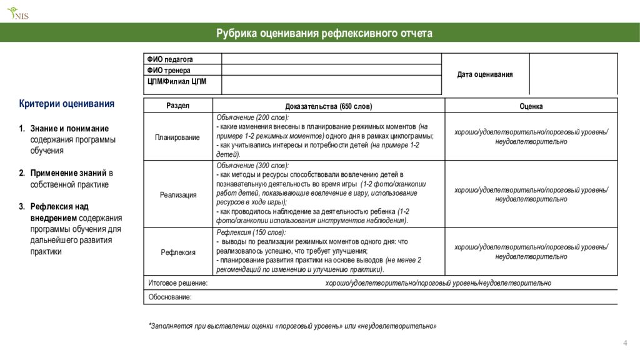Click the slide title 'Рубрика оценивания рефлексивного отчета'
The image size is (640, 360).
click(324, 33)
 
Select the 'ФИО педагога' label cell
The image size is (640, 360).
click(170, 59)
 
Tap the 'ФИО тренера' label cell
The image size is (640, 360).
click(169, 71)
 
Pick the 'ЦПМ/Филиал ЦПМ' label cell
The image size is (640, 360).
click(177, 81)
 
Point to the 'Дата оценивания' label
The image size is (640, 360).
click(485, 74)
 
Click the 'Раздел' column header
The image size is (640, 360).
click(177, 106)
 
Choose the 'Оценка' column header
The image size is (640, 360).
click(531, 106)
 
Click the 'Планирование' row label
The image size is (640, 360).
click(177, 137)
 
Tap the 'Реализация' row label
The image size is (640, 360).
click(177, 195)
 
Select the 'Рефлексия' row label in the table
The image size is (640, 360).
click(177, 252)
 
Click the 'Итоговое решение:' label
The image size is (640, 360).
click(178, 283)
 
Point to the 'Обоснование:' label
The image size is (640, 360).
click(170, 297)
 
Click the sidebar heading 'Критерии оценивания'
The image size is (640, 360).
click(67, 104)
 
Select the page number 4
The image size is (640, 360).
click(625, 342)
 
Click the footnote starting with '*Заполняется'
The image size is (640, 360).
click(292, 326)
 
